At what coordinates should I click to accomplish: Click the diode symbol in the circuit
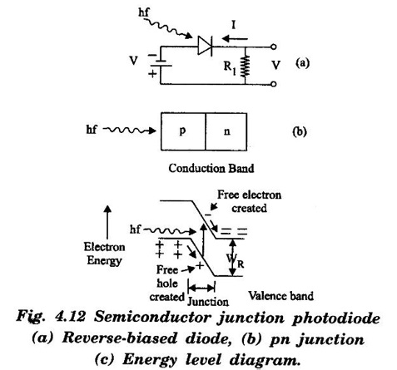pyautogui.click(x=205, y=46)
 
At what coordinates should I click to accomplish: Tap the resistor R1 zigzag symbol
pyautogui.click(x=246, y=66)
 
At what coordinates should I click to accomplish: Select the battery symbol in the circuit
pyautogui.click(x=161, y=63)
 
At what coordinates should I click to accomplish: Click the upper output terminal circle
pyautogui.click(x=273, y=47)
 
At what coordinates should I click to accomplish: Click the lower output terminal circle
pyautogui.click(x=273, y=84)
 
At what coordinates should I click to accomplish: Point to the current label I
pyautogui.click(x=234, y=25)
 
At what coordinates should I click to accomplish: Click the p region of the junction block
pyautogui.click(x=183, y=131)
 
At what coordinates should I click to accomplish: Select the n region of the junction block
pyautogui.click(x=226, y=131)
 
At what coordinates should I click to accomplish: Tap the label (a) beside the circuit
pyautogui.click(x=302, y=63)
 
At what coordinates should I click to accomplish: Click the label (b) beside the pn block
pyautogui.click(x=300, y=131)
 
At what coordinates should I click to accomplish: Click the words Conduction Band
pyautogui.click(x=211, y=168)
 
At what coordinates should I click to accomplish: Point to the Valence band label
pyautogui.click(x=281, y=296)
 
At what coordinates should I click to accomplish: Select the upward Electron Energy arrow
pyautogui.click(x=107, y=222)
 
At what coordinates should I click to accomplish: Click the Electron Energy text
pyautogui.click(x=105, y=254)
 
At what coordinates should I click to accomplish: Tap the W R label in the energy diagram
pyautogui.click(x=236, y=261)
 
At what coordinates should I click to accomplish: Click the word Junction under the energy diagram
pyautogui.click(x=208, y=302)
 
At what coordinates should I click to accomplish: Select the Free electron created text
pyautogui.click(x=249, y=201)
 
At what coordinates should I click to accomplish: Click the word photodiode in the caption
pyautogui.click(x=336, y=318)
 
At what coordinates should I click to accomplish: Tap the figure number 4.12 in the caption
pyautogui.click(x=70, y=317)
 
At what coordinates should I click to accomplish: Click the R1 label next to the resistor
pyautogui.click(x=230, y=67)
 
